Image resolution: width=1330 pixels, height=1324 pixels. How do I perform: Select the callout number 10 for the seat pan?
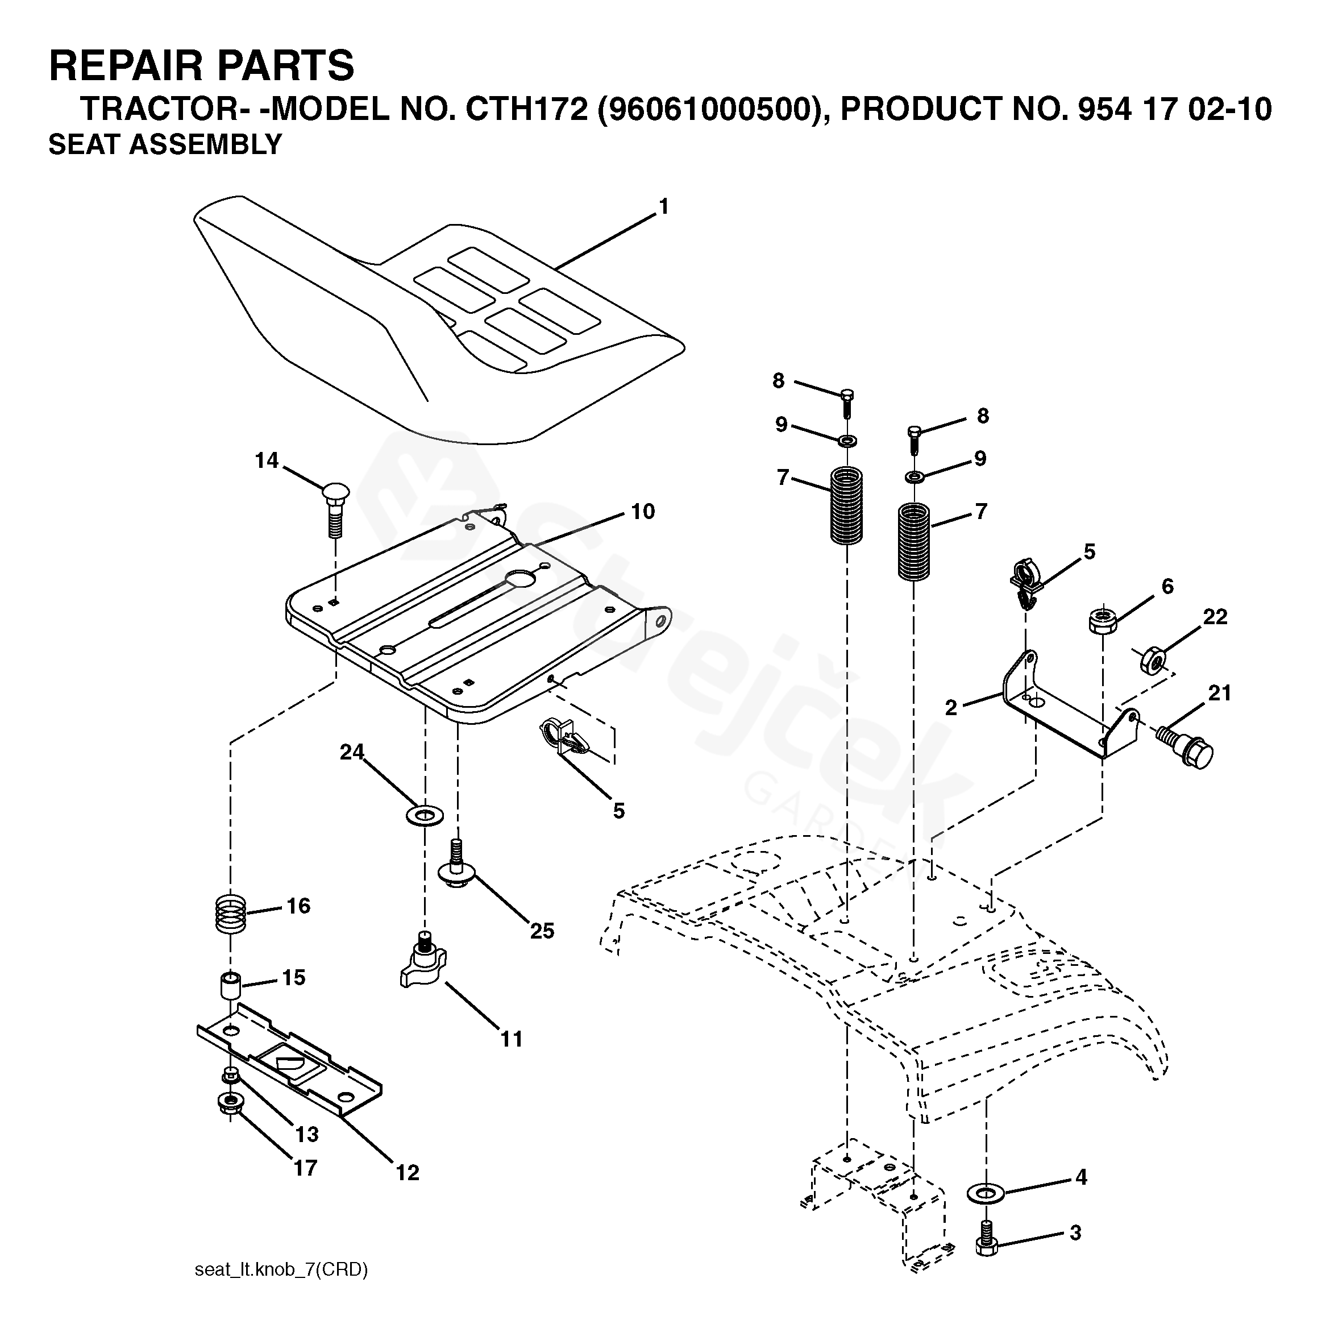(643, 512)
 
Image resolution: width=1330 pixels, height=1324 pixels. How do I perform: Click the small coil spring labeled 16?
(228, 914)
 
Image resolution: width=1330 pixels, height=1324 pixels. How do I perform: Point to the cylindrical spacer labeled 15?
(231, 985)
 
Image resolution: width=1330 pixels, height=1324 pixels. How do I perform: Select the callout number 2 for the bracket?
(951, 708)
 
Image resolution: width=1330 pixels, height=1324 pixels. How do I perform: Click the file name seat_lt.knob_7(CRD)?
(281, 1271)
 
